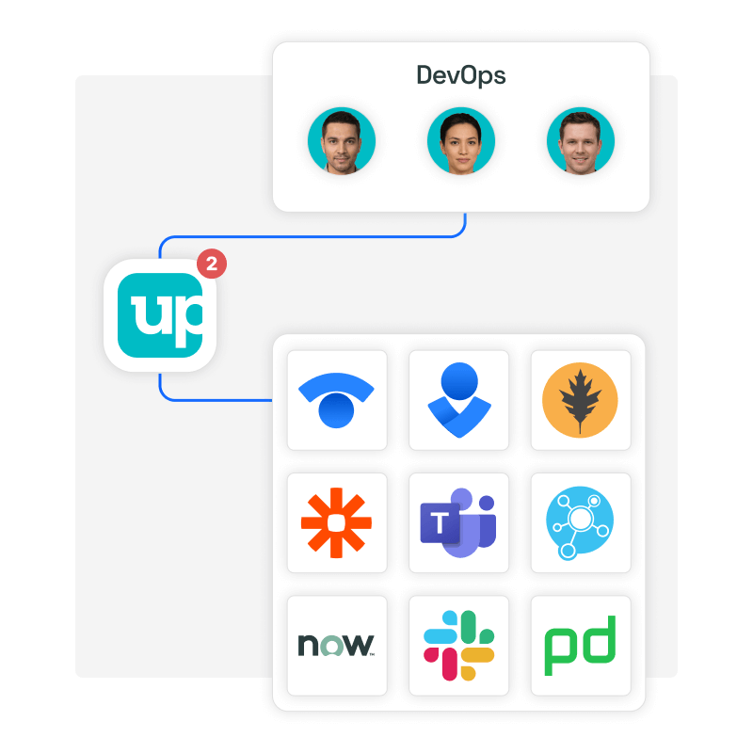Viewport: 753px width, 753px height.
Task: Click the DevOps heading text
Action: click(461, 76)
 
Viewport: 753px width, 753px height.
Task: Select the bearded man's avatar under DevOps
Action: click(341, 141)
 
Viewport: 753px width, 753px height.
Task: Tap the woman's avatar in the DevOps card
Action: click(461, 141)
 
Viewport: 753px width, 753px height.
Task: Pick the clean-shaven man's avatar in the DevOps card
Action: click(581, 141)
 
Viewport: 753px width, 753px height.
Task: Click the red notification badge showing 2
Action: click(212, 264)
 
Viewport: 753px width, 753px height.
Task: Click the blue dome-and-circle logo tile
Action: click(337, 400)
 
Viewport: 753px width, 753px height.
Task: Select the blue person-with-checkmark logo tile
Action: click(459, 400)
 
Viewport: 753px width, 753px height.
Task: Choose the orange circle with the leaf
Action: click(581, 400)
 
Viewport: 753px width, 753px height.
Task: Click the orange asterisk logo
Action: click(337, 522)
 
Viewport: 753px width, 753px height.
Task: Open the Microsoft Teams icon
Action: click(459, 522)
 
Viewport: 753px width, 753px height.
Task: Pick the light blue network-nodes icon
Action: click(581, 522)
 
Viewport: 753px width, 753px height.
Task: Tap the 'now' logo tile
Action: click(337, 645)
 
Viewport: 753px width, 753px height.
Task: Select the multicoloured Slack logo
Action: click(459, 645)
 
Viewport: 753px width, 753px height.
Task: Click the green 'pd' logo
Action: click(581, 645)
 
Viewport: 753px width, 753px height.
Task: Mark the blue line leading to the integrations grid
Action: click(216, 400)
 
